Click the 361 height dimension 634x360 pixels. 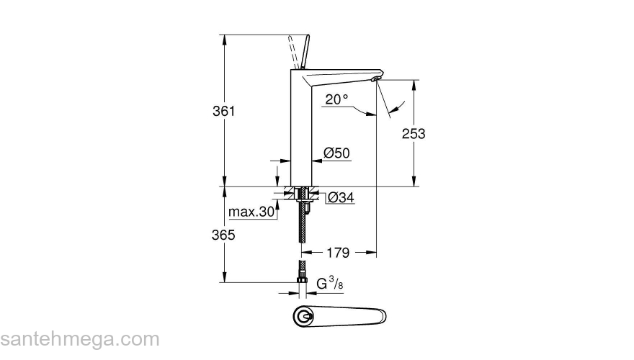225,112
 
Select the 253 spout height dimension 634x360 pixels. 414,133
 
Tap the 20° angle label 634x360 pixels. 336,100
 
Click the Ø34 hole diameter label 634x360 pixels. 341,197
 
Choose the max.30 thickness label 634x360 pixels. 251,212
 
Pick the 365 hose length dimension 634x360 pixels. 225,235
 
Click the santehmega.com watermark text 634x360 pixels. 79,338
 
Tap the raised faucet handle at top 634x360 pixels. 299,50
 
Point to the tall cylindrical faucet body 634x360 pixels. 300,130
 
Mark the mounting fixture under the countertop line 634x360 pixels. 300,194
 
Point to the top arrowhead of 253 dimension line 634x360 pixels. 414,83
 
